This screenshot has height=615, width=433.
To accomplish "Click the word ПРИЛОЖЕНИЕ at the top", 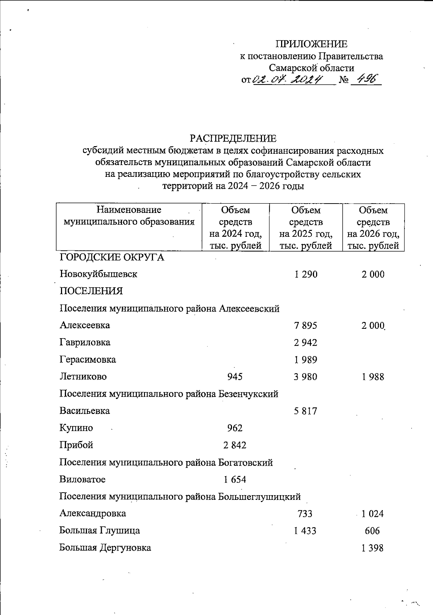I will click(311, 44).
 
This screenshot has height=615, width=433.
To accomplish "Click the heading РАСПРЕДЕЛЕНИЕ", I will click(233, 139).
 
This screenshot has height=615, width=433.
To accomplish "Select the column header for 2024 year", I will click(235, 228).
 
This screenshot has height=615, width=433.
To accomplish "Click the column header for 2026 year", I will click(373, 228).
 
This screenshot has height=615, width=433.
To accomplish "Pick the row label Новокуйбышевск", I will click(98, 274).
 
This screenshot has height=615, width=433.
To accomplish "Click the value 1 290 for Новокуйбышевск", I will click(306, 274).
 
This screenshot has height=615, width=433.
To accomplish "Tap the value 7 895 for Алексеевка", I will click(305, 326).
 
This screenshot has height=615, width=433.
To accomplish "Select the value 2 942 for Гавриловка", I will click(305, 343).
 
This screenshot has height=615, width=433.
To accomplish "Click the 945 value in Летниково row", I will click(235, 377).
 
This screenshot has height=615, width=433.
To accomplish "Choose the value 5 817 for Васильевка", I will click(305, 411).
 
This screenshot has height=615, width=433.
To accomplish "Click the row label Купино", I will click(76, 428).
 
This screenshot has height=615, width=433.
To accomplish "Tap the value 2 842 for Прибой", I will click(235, 445).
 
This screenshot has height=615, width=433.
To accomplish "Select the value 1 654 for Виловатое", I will click(235, 480).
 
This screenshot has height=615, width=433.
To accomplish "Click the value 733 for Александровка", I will click(305, 514).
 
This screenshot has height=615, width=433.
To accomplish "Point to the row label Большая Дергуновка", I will click(105, 548).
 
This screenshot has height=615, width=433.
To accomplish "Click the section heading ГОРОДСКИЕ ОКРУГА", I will click(111, 257).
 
